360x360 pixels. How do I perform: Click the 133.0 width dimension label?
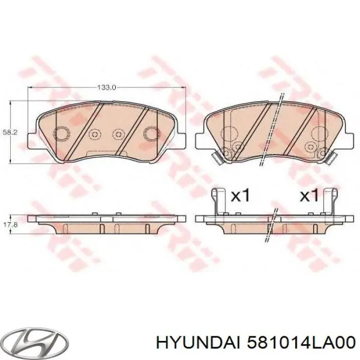click(107, 88)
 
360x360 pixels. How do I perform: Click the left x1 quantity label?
click(240, 195)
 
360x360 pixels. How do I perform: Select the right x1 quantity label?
click(309, 195)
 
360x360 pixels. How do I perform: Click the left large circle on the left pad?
click(62, 134)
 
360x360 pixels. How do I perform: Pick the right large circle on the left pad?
click(152, 134)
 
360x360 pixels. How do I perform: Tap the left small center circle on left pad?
click(94, 135)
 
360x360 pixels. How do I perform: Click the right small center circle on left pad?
click(119, 135)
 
